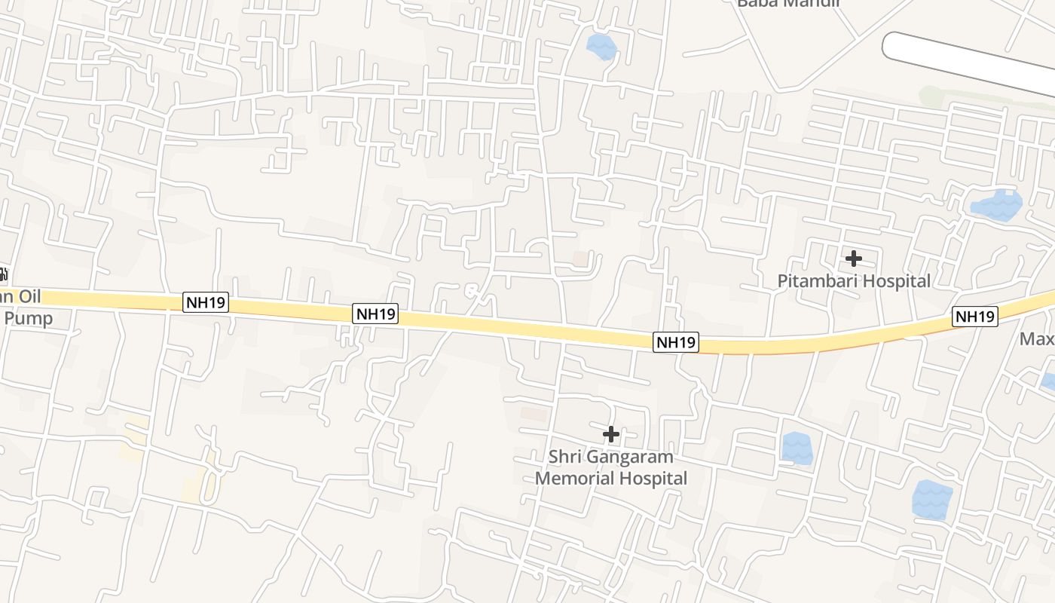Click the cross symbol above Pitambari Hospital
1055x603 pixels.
pos(854,259)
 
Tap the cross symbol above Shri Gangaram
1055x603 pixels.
pos(611,433)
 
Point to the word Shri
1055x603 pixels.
pos(564,457)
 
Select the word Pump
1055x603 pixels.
pos(29,318)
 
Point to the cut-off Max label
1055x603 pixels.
pos(1037,338)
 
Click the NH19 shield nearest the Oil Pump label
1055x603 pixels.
pos(206,303)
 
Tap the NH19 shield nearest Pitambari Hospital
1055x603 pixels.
pos(975,317)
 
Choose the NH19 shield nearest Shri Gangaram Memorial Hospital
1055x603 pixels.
pos(676,342)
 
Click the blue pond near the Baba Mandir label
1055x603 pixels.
pos(601,47)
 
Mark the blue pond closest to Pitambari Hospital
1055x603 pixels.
pos(996,204)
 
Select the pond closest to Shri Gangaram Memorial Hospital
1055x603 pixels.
pos(797,448)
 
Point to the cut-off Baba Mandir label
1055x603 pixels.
pos(787,3)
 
